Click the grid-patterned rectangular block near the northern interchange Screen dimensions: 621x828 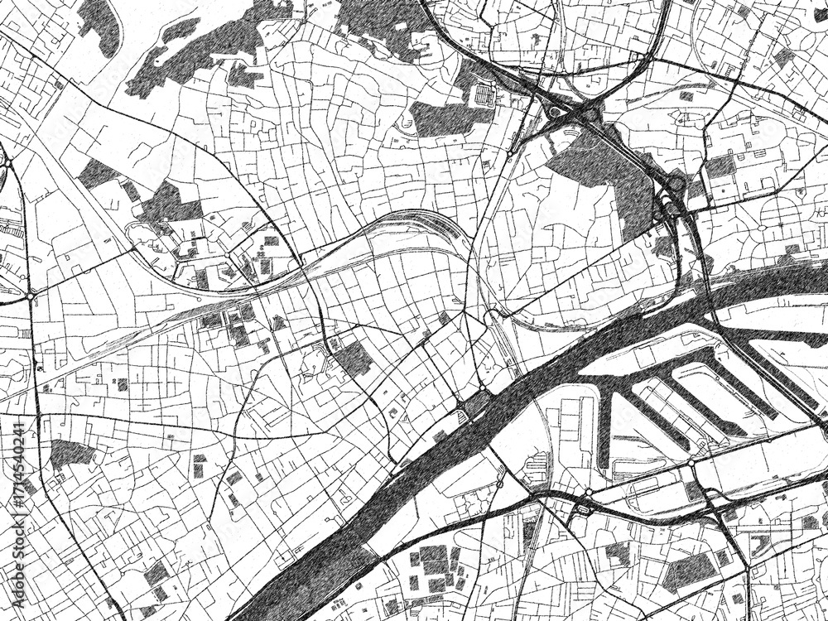[x=483, y=96]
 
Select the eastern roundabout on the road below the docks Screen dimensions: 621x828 [x=691, y=464]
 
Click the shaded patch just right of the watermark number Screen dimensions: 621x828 [x=70, y=453]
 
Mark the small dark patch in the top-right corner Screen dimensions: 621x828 [x=783, y=57]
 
